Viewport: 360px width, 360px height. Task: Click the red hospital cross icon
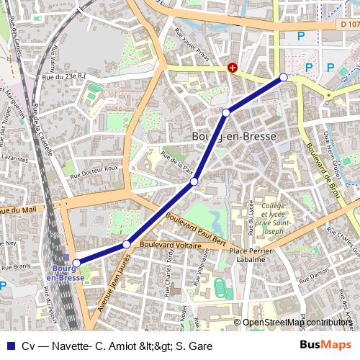click(x=233, y=68)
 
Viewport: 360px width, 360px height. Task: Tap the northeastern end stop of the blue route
click(x=284, y=77)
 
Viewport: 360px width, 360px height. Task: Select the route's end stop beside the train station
click(x=76, y=264)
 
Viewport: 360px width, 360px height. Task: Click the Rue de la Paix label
click(x=178, y=165)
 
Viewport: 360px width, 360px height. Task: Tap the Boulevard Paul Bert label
click(x=197, y=228)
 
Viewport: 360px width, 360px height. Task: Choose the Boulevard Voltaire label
click(x=171, y=245)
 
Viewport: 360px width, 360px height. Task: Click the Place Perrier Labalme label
click(x=250, y=256)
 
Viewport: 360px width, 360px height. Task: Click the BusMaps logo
click(x=325, y=345)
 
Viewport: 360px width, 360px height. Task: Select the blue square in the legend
click(x=9, y=346)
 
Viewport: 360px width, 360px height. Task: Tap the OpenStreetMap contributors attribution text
click(x=297, y=323)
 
